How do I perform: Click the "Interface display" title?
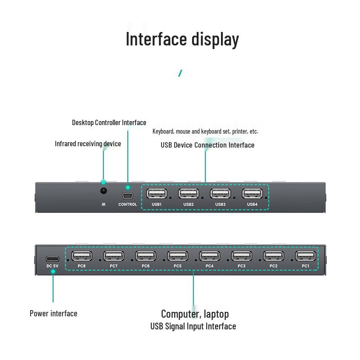pos(182,40)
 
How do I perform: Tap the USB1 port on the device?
pos(157,193)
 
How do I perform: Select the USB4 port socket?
pos(252,193)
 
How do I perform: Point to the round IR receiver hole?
pos(103,190)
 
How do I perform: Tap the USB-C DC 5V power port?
pos(52,259)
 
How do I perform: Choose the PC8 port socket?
pos(81,256)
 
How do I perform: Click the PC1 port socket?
pos(306,256)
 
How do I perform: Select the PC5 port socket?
pos(177,256)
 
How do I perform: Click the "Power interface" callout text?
pos(54,313)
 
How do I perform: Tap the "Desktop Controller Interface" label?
pos(109,122)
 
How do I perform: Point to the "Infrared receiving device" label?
pos(88,144)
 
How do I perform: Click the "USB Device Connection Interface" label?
pos(207,145)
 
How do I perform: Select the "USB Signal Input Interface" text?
pos(193,326)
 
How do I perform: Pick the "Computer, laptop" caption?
pos(195,314)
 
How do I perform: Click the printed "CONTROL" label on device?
pos(128,204)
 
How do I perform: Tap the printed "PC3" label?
pos(242,266)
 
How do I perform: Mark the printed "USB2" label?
pos(189,204)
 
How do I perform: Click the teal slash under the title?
pos(180,73)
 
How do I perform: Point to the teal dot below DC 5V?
pos(53,272)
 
